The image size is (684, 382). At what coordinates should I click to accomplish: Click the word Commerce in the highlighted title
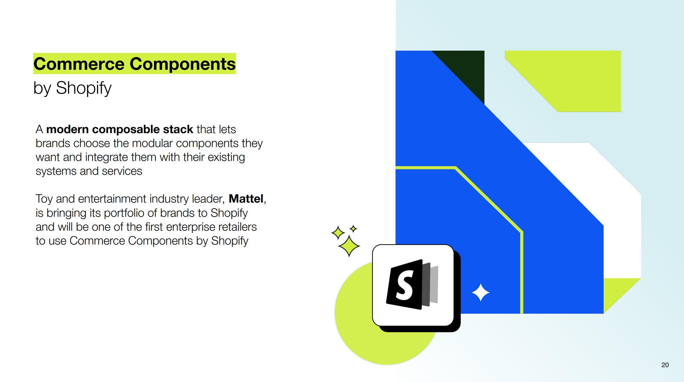[79, 64]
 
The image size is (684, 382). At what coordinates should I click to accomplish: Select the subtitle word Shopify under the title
[84, 88]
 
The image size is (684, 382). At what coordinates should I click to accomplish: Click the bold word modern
[67, 129]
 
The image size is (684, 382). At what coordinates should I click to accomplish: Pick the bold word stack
[178, 129]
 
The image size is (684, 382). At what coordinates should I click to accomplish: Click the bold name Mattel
[246, 199]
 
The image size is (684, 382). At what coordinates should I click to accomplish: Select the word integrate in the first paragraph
[106, 157]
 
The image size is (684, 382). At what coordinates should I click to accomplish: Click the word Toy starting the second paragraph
[44, 199]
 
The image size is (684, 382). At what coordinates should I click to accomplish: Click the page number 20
[665, 365]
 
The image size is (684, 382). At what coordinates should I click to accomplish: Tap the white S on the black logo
[404, 285]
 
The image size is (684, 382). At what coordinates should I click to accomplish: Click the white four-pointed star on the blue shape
[481, 293]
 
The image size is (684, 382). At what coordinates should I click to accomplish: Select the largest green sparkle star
[349, 246]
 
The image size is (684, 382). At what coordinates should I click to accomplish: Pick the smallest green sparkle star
[353, 229]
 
